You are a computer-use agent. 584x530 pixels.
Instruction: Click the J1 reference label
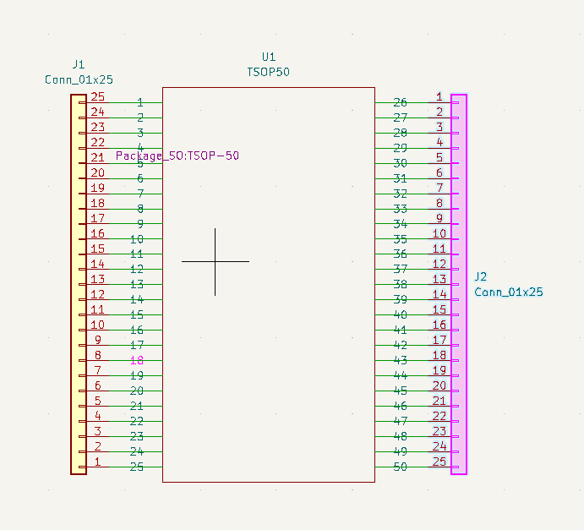click(x=79, y=64)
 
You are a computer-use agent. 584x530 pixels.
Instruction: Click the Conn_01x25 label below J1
click(x=79, y=79)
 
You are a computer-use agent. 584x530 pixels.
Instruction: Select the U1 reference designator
click(x=268, y=57)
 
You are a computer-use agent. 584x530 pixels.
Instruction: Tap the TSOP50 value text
click(x=268, y=72)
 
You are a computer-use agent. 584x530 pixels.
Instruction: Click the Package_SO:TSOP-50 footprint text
click(x=177, y=156)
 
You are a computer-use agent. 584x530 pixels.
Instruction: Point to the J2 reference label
click(x=480, y=276)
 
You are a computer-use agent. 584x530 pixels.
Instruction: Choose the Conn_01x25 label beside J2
click(x=509, y=292)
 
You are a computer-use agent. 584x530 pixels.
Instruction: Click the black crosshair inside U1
click(x=215, y=261)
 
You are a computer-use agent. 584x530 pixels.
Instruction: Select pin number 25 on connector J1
click(x=98, y=97)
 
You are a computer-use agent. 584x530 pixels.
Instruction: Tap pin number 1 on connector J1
click(x=98, y=462)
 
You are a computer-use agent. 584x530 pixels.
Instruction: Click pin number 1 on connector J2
click(x=439, y=97)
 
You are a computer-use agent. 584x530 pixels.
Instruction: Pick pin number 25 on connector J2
click(x=439, y=462)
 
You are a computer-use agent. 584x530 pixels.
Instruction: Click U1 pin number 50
click(x=401, y=467)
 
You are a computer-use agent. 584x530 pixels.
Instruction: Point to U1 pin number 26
click(x=401, y=103)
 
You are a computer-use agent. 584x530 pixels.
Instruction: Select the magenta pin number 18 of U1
click(x=137, y=360)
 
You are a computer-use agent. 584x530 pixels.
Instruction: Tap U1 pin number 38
click(x=401, y=285)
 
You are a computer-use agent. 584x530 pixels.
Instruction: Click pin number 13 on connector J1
click(x=98, y=279)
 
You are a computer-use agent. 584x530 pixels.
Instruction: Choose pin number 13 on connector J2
click(x=439, y=279)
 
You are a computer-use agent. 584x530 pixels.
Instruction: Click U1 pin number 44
click(x=401, y=375)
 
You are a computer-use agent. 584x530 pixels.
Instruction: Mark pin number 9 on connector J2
click(x=439, y=218)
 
